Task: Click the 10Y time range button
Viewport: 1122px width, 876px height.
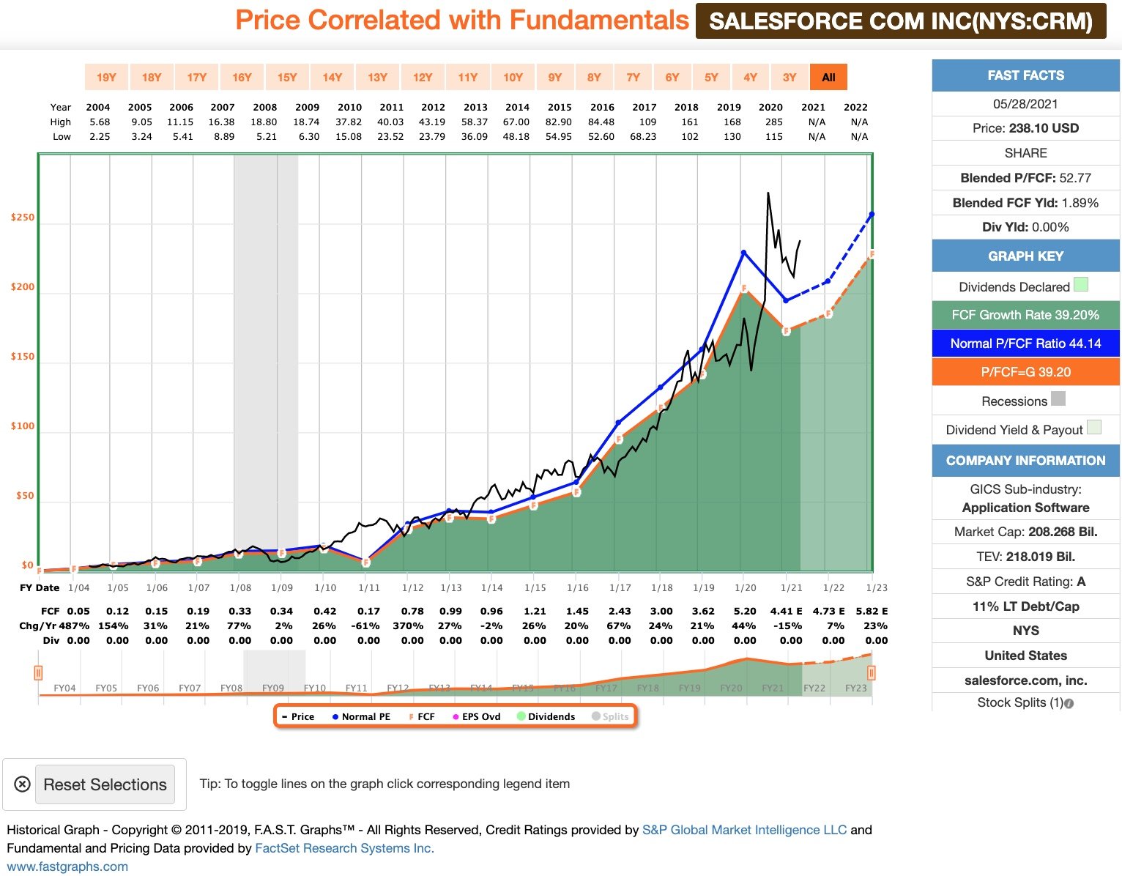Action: pyautogui.click(x=513, y=77)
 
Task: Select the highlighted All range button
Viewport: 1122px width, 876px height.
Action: pyautogui.click(x=828, y=77)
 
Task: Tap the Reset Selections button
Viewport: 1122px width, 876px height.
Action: pyautogui.click(x=105, y=784)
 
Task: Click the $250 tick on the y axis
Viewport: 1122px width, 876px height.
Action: pyautogui.click(x=23, y=218)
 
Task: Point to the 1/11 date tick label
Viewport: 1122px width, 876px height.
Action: pyautogui.click(x=369, y=587)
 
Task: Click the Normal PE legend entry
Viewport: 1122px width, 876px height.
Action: pyautogui.click(x=361, y=716)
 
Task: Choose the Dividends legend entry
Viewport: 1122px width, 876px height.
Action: pyautogui.click(x=546, y=716)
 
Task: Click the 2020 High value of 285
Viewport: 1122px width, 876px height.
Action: pyautogui.click(x=774, y=122)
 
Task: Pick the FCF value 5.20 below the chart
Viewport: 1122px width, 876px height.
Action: pyautogui.click(x=745, y=611)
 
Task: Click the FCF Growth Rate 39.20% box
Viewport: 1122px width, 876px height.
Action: pyautogui.click(x=1025, y=315)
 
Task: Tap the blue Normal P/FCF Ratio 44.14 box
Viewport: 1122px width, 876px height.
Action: pyautogui.click(x=1025, y=344)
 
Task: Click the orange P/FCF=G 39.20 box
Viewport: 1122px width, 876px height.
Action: pyautogui.click(x=1025, y=372)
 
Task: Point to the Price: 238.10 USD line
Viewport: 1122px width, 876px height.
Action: pyautogui.click(x=1025, y=128)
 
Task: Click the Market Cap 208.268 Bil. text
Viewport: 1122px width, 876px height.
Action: pyautogui.click(x=1025, y=532)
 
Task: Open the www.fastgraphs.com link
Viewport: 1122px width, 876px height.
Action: pyautogui.click(x=67, y=866)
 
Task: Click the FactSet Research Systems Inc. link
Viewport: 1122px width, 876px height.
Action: pyautogui.click(x=344, y=848)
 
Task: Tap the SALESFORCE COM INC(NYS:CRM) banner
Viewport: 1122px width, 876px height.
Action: pyautogui.click(x=901, y=21)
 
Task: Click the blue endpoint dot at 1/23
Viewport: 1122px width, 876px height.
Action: pyautogui.click(x=872, y=215)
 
